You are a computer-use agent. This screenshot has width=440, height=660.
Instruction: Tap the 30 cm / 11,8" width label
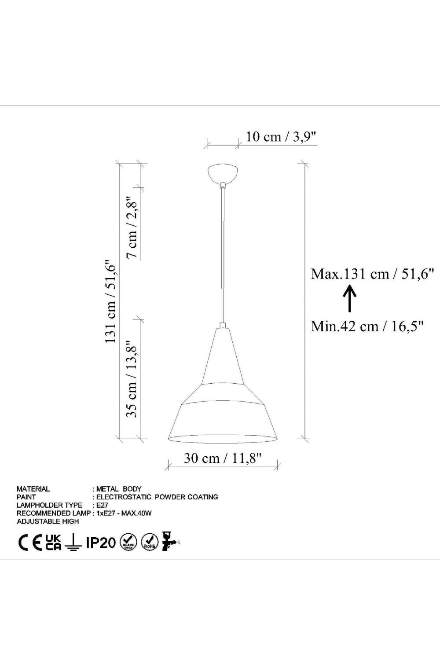[x=223, y=458]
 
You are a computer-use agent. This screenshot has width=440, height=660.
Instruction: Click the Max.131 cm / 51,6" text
[x=373, y=274]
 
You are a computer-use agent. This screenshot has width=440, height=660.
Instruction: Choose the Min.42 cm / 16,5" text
[x=367, y=326]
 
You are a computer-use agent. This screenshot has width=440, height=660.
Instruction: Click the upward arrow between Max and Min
[x=350, y=298]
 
